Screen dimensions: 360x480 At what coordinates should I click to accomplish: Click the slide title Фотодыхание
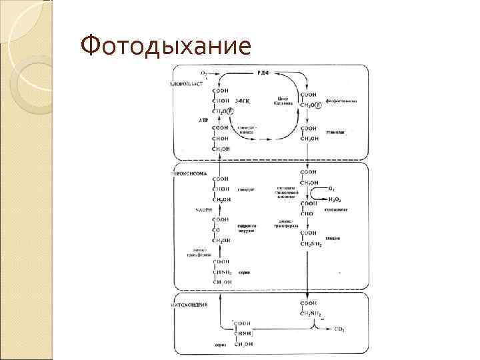[165, 46]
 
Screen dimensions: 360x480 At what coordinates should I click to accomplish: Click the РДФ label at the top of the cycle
[264, 71]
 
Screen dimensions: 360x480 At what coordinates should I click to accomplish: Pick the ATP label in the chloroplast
[203, 119]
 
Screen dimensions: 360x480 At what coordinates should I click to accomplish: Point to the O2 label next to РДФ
[204, 71]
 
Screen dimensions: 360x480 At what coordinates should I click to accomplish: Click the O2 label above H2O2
[332, 188]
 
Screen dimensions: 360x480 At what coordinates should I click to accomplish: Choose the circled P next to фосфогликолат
[318, 105]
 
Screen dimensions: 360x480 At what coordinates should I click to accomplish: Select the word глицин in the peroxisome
[333, 237]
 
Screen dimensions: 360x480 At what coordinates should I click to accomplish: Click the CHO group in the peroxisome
[307, 213]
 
